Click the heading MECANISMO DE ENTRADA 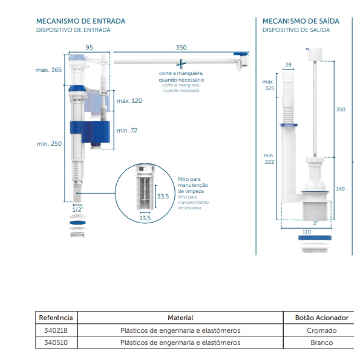pos(81,21)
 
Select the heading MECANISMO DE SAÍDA pos(301,21)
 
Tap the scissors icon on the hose pos(181,64)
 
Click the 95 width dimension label pos(89,47)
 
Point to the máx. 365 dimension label pos(49,70)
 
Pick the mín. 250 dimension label pos(49,144)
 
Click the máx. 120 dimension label pos(129,101)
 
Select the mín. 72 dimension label pos(127,130)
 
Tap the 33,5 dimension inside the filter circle pos(163,196)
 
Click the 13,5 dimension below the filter pos(145,218)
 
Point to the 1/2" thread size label pos(78,209)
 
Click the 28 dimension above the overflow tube pos(288,65)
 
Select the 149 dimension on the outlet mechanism pos(340,189)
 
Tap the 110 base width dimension pos(307,232)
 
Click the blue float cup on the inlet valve pos(90,132)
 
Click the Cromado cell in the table pos(321,330)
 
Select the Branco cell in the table pos(321,343)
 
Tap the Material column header pos(180,318)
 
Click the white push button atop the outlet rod pos(315,54)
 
